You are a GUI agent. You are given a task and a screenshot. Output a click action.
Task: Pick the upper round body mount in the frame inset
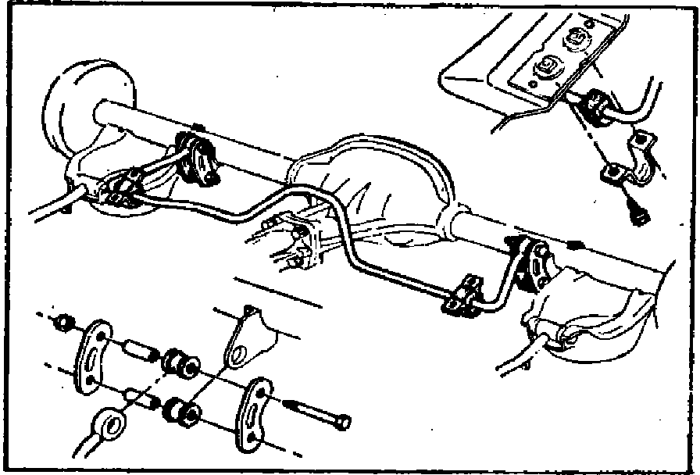[x=580, y=38]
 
